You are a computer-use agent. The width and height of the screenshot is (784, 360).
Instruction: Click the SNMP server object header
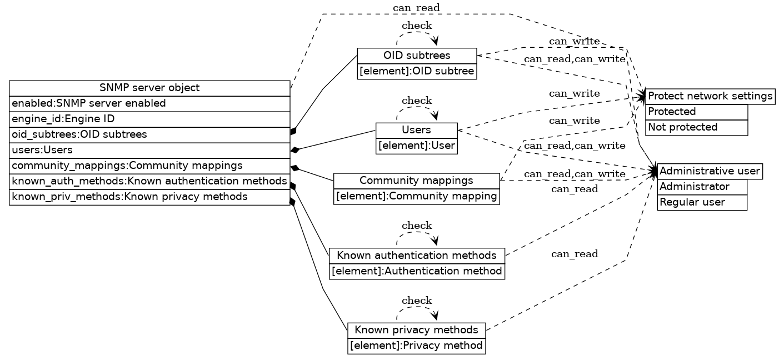click(x=149, y=88)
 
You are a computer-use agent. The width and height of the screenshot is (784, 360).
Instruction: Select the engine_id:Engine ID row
click(x=149, y=119)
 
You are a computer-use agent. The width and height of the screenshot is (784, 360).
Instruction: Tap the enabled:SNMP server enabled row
click(x=149, y=103)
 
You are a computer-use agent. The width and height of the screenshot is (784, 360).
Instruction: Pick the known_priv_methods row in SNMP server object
click(x=149, y=197)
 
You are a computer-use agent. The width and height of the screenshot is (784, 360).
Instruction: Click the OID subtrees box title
click(x=417, y=56)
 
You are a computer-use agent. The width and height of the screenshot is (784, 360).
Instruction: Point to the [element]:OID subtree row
click(x=417, y=71)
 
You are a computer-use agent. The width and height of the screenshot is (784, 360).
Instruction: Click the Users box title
click(x=416, y=130)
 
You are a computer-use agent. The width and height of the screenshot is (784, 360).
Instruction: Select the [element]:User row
click(x=416, y=146)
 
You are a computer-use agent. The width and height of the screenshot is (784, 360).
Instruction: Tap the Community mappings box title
click(x=417, y=181)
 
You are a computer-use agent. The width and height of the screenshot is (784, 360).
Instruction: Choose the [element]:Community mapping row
click(x=417, y=196)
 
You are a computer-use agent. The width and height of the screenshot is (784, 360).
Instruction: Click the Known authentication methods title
click(x=417, y=256)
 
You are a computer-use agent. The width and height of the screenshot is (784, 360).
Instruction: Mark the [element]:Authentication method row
click(x=417, y=271)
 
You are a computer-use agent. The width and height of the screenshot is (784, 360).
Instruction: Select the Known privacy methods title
click(x=416, y=330)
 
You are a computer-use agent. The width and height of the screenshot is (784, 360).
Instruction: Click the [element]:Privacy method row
click(x=416, y=346)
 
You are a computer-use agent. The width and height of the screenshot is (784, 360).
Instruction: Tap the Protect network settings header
click(x=710, y=96)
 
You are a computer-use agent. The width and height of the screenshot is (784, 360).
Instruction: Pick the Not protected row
click(x=696, y=127)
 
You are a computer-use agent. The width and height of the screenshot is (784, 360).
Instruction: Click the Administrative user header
click(x=710, y=171)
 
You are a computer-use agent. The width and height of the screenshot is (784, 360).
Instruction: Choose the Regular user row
click(x=702, y=202)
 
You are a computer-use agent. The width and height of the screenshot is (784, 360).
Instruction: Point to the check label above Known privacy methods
click(x=417, y=301)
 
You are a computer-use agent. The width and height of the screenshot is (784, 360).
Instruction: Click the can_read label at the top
click(x=416, y=8)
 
